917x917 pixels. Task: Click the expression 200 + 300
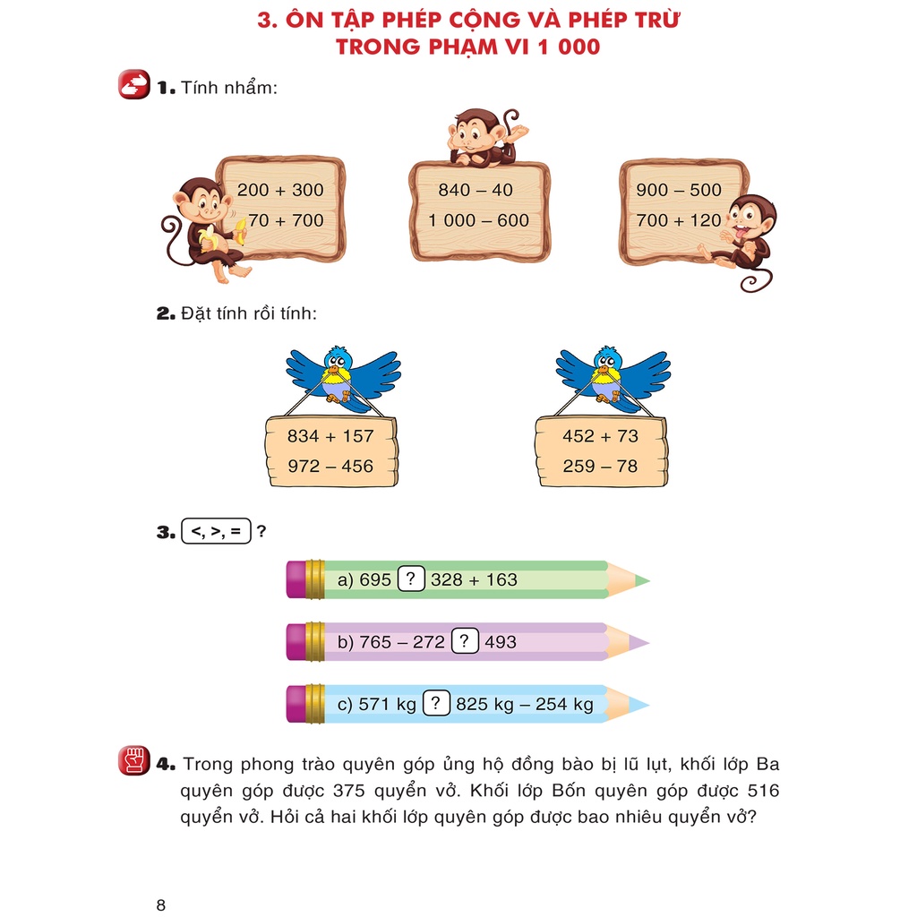[x=280, y=190]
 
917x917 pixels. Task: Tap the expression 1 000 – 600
[x=478, y=220]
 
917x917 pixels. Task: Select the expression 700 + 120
[x=679, y=220]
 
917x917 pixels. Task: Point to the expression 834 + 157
[x=330, y=436]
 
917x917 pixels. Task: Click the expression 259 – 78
[x=600, y=466]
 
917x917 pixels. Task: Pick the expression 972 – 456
[x=330, y=466]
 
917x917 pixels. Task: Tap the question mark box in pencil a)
[x=410, y=579]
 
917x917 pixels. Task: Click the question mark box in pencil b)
[x=464, y=641]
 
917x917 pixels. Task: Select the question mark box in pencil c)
[x=435, y=704]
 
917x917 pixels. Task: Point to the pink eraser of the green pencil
[x=296, y=579]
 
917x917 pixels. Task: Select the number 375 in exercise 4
[x=350, y=792]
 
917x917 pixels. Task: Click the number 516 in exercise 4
[x=761, y=792]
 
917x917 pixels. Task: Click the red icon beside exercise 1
[x=134, y=85]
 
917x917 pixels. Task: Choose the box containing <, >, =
[x=216, y=531]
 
